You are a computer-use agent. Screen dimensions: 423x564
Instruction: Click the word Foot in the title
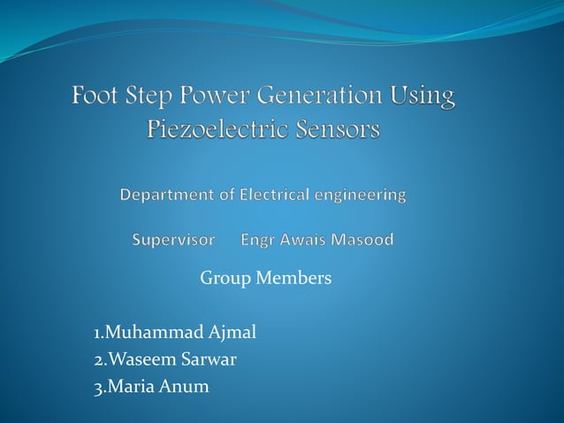coord(100,96)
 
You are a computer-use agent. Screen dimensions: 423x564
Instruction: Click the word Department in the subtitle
coord(166,194)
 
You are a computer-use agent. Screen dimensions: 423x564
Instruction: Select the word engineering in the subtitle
coord(363,195)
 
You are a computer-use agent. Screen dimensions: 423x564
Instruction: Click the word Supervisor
coord(173,240)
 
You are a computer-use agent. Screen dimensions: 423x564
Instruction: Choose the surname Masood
coord(365,240)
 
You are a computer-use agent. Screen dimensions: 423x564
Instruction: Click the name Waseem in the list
coord(138,360)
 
